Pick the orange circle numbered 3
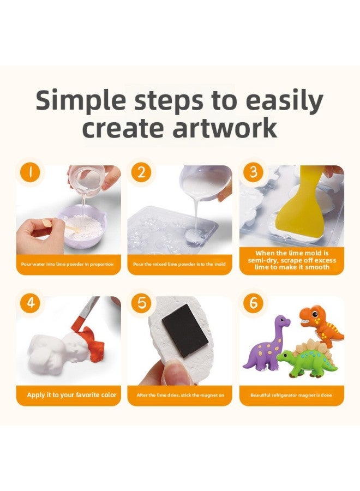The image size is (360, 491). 254,173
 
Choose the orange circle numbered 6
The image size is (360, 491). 254,304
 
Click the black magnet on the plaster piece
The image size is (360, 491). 185,330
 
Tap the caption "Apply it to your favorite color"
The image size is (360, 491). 71,395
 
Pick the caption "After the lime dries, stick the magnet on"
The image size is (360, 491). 180,395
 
